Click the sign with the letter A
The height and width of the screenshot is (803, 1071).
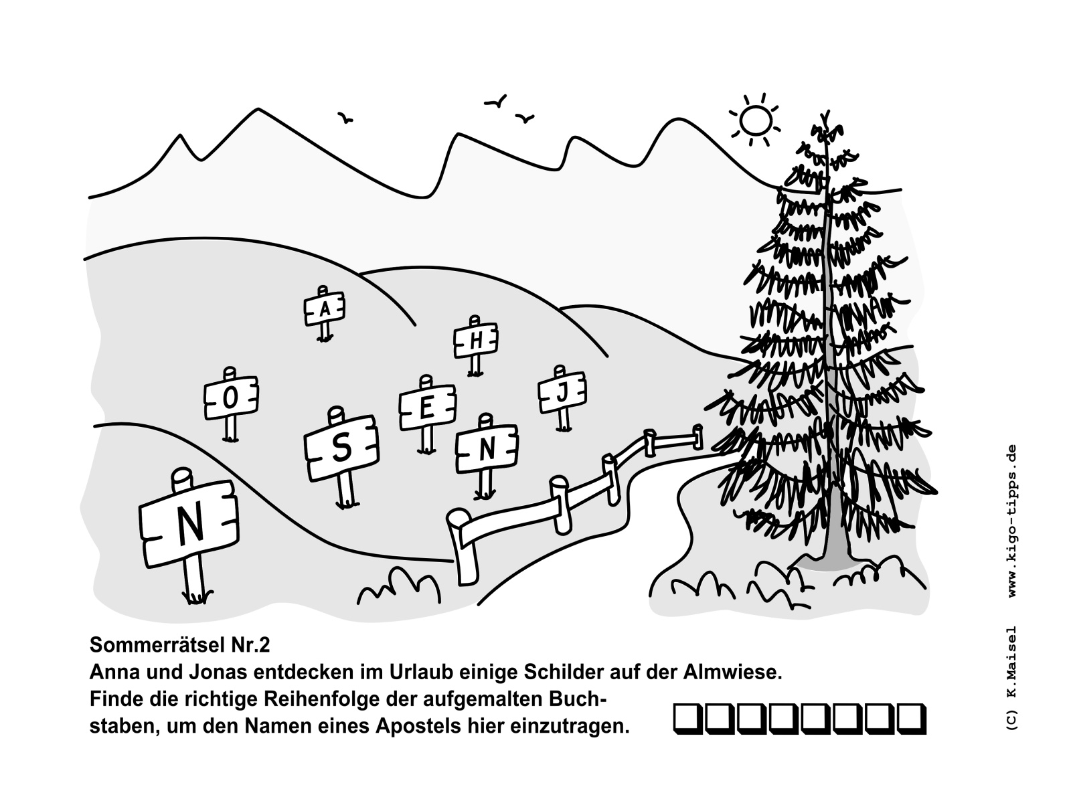tap(325, 309)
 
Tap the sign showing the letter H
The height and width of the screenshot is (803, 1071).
tap(476, 340)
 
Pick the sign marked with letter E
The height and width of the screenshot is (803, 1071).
tap(428, 408)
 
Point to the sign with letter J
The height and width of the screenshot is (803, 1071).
tap(562, 393)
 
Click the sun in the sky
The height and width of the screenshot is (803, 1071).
tap(755, 120)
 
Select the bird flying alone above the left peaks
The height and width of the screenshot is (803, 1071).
tap(345, 118)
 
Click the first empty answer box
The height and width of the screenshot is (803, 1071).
tap(687, 718)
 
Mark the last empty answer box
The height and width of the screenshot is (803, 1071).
tap(912, 718)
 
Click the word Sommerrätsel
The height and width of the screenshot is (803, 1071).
tap(153, 645)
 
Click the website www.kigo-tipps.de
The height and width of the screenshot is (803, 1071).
tap(1012, 520)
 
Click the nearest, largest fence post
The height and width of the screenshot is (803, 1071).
tap(462, 547)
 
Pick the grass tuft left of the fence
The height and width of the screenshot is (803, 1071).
tap(399, 587)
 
